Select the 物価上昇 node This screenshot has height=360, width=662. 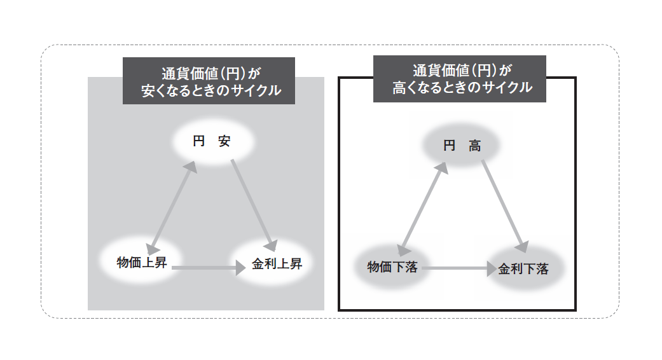coord(142,262)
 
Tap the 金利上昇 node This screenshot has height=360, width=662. coord(277,264)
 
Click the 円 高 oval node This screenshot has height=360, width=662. coord(462,146)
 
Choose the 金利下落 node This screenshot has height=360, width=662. coord(523,269)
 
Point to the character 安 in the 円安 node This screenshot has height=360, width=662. coord(224,142)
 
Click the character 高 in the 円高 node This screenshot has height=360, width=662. coord(474,146)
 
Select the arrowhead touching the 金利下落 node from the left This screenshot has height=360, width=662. coord(490,269)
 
